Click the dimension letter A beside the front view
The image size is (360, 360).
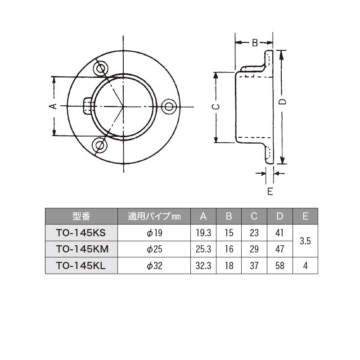point(53,106)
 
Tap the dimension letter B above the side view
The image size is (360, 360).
point(255,43)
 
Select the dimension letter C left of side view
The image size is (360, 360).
point(216,107)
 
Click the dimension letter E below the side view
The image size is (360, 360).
point(270,191)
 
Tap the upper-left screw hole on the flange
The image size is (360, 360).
point(100,68)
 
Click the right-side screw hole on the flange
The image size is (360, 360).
point(169,107)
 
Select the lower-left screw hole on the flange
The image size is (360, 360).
point(99,145)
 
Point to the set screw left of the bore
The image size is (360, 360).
point(88,106)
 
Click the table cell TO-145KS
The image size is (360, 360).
point(81,233)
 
